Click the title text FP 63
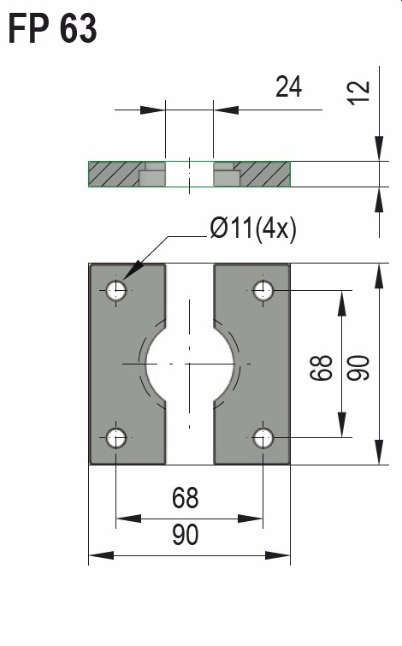click(52, 29)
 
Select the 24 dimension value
click(288, 86)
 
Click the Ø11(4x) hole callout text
click(252, 229)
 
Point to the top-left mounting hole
click(116, 291)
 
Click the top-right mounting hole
click(263, 291)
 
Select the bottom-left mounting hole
click(116, 439)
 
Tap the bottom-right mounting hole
click(263, 439)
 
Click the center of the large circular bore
click(189, 364)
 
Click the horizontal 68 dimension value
click(185, 497)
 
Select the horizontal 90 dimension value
click(185, 535)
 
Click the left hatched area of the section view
click(111, 175)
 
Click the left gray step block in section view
click(151, 178)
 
